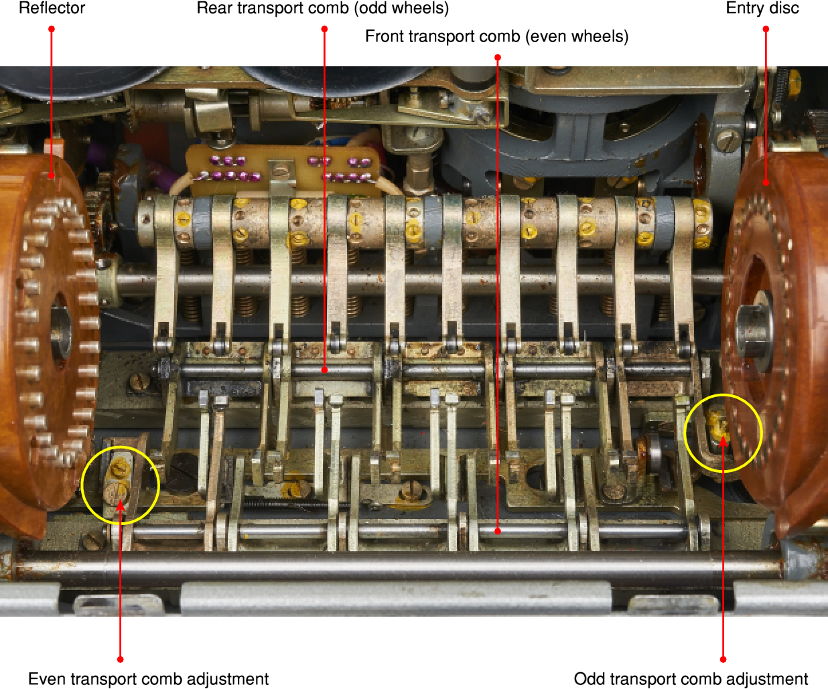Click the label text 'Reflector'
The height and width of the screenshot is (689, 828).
point(52,9)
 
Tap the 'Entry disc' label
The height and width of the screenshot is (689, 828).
point(762,9)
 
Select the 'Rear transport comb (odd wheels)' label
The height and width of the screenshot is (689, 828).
point(322,9)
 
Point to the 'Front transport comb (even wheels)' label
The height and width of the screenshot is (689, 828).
point(496,37)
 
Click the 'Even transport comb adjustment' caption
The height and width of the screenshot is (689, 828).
point(148,679)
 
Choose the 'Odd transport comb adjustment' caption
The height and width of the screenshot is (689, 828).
point(691,679)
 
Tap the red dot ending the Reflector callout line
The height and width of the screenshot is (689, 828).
point(52,176)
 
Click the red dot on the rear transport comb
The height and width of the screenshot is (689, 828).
point(324,370)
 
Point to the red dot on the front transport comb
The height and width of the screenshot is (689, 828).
point(498,531)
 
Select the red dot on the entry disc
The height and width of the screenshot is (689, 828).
point(766,182)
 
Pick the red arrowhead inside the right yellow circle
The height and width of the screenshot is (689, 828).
point(723,442)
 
